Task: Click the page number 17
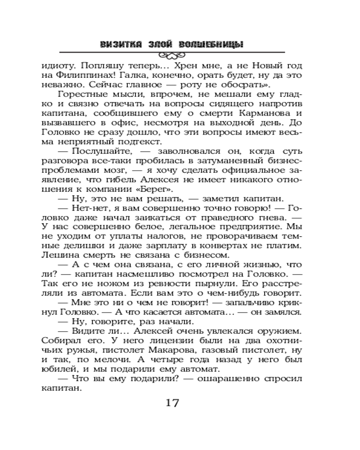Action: (x=172, y=402)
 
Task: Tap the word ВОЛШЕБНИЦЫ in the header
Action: (x=211, y=44)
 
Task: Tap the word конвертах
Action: (x=237, y=245)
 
